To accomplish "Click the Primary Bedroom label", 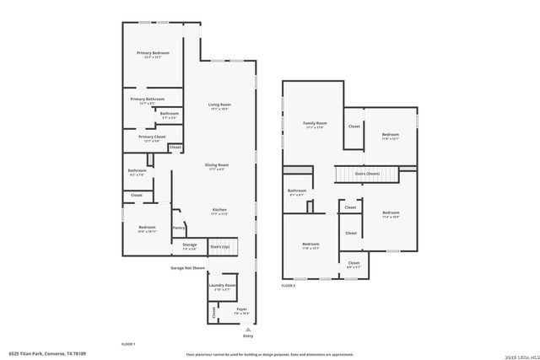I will click(x=154, y=53).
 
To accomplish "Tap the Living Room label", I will click(x=219, y=105).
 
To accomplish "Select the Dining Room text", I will click(x=217, y=165).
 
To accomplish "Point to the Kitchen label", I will click(x=219, y=209).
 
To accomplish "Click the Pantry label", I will click(x=179, y=228).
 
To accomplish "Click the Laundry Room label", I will click(x=223, y=286).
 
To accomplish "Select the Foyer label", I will click(x=241, y=310).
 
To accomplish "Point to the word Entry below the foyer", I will click(x=248, y=336).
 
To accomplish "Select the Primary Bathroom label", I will click(x=147, y=99).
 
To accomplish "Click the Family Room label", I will click(x=316, y=124).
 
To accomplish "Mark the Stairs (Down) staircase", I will click(x=367, y=174).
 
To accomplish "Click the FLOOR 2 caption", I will click(x=289, y=287).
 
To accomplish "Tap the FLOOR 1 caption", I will click(x=128, y=344).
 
